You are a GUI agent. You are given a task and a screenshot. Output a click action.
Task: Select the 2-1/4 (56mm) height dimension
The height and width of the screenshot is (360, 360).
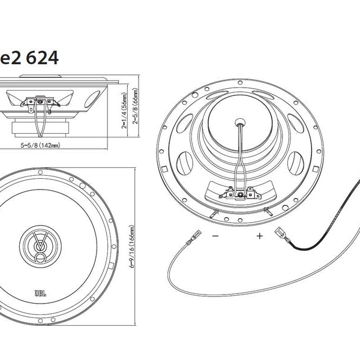[x=124, y=110]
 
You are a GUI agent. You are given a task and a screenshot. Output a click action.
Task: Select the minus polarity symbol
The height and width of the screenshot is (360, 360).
[x=215, y=236]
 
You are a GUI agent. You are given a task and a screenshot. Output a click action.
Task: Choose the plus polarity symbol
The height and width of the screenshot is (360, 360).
[x=260, y=236]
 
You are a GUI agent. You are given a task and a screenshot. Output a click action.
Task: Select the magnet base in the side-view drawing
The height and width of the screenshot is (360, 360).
[x=40, y=128]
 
